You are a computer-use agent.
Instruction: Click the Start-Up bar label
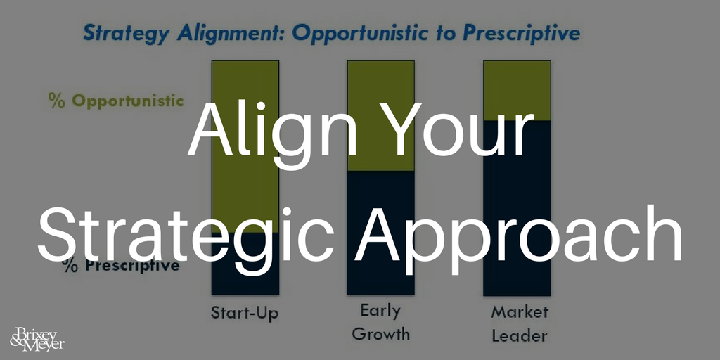coord(245,313)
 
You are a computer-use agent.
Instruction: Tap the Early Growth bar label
coord(380,323)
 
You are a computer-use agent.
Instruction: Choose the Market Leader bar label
coord(520,323)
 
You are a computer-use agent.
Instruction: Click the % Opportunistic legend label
coord(116,101)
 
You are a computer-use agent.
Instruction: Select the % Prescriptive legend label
coord(121,265)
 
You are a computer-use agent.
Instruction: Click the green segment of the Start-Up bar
coord(245,146)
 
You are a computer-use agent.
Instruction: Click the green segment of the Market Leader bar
coord(517,91)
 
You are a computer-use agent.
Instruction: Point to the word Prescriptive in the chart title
coord(520,34)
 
